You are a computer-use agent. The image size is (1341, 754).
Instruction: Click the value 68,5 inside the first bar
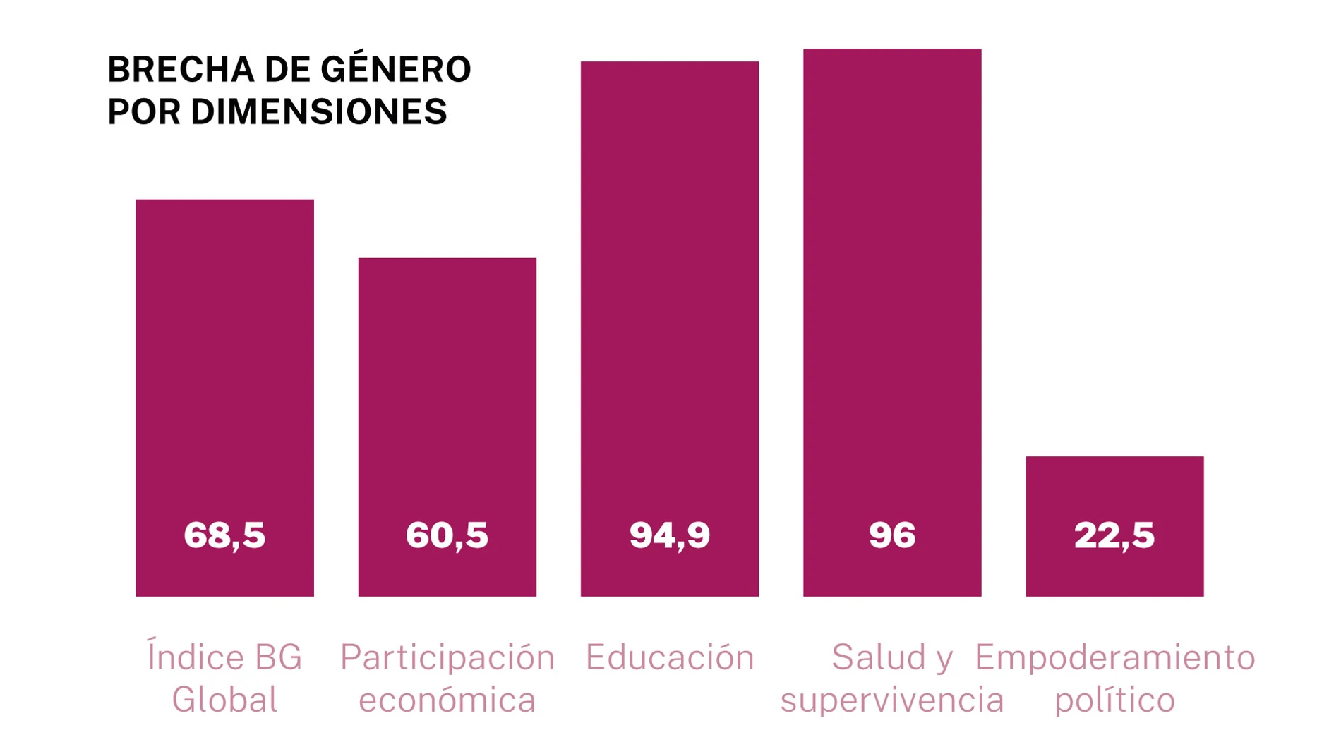tap(224, 535)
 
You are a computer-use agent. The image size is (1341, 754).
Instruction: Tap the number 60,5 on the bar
tap(447, 535)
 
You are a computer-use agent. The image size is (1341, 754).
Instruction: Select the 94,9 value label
tap(669, 535)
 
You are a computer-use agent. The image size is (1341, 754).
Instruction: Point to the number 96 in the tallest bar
tap(892, 535)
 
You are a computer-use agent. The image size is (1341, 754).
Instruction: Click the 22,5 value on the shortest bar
tap(1114, 535)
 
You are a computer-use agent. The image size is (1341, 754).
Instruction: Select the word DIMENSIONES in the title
tap(318, 111)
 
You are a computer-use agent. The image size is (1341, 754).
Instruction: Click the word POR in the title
tap(144, 111)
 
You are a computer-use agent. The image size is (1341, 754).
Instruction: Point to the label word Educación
tap(669, 657)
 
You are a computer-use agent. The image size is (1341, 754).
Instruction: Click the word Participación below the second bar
tap(447, 657)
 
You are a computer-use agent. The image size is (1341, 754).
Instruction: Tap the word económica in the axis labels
tap(447, 700)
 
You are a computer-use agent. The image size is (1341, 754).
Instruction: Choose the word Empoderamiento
tap(1114, 657)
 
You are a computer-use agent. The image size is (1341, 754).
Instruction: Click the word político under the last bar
tap(1114, 700)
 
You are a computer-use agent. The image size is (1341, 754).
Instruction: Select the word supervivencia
tap(891, 700)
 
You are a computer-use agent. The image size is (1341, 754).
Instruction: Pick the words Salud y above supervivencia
tap(892, 657)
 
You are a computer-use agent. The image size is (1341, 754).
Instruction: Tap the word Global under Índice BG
tap(224, 700)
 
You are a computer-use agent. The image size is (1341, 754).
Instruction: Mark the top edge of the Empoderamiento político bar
tap(1114, 457)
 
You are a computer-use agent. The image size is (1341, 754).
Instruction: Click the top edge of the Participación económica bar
tap(447, 259)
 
